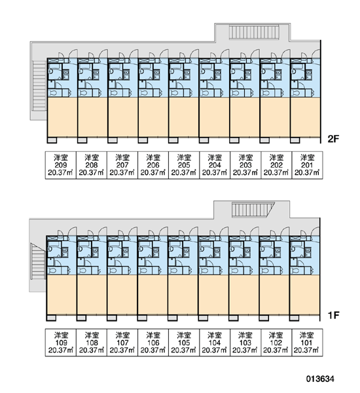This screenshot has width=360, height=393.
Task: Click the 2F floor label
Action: pos(333,139)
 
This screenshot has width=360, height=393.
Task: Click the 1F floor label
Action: pos(333,315)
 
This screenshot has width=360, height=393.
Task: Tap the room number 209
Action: pos(61,165)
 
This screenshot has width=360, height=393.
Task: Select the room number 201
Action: pos(307,165)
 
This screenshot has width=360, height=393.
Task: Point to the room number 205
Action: pos(184,165)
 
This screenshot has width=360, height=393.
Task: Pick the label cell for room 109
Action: pos(61,343)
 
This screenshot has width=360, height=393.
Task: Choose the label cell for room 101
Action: pos(307,343)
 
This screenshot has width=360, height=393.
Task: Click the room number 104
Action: pos(215,343)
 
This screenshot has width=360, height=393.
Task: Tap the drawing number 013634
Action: pos(320,379)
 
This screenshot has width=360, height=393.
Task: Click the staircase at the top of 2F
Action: pos(254,32)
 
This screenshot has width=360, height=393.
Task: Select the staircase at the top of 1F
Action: pos(253,210)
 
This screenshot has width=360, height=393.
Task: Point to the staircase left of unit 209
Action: pos(39,84)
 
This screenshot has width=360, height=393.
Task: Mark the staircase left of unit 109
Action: pos(37,261)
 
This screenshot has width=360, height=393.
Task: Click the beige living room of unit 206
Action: pos(153,117)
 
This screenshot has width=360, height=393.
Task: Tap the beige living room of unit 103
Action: pos(243,295)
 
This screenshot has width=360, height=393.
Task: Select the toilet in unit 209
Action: pos(53,93)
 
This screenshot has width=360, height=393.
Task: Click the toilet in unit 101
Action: pos(296,271)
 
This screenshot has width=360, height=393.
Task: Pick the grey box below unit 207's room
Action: pos(113,140)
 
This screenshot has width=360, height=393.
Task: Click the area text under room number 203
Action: pos(245,173)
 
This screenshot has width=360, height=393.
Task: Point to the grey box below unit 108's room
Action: pos(81,318)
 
